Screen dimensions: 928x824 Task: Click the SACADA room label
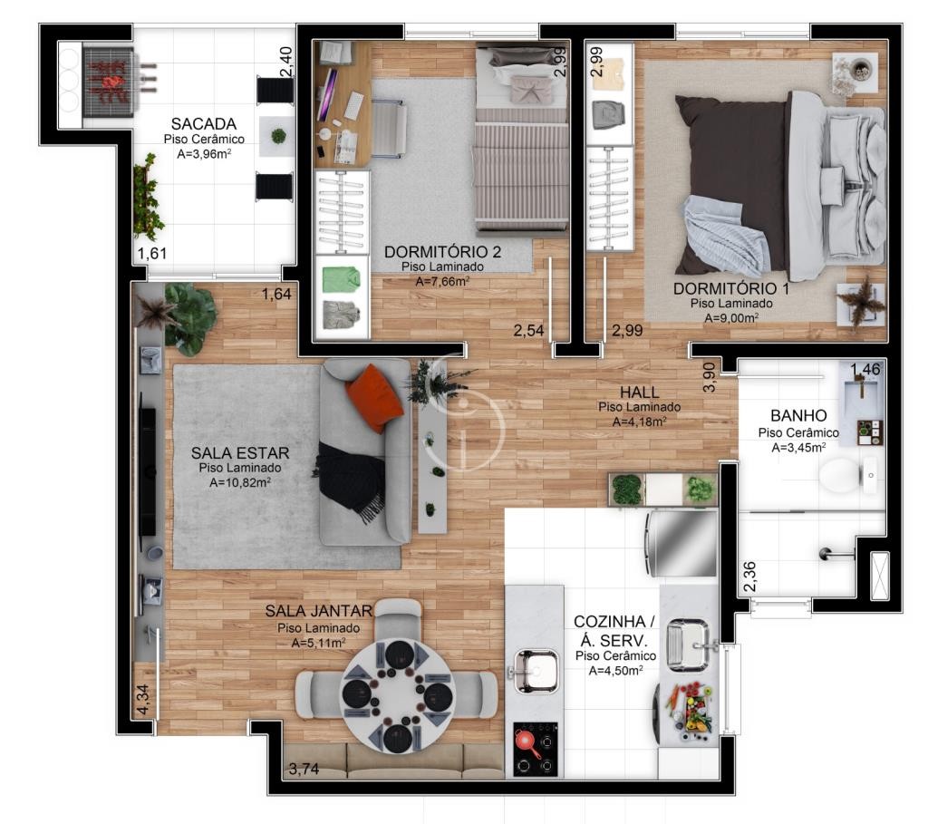click(x=204, y=123)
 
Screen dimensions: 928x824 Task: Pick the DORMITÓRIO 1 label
click(x=731, y=288)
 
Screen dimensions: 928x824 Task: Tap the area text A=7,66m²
click(x=442, y=281)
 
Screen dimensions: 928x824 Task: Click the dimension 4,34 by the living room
click(x=142, y=700)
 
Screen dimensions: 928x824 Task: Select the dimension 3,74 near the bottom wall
click(x=304, y=769)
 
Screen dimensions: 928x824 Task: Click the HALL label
click(x=639, y=392)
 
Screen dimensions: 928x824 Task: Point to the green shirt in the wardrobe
click(x=342, y=279)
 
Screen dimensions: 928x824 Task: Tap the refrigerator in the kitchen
click(x=681, y=543)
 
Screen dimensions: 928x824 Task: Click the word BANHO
click(x=798, y=415)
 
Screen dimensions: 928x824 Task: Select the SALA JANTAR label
click(x=318, y=611)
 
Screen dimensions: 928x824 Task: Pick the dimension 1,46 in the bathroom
click(x=865, y=369)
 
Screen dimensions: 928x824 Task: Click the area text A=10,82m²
click(x=240, y=482)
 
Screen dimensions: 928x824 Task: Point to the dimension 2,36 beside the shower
click(x=749, y=576)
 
